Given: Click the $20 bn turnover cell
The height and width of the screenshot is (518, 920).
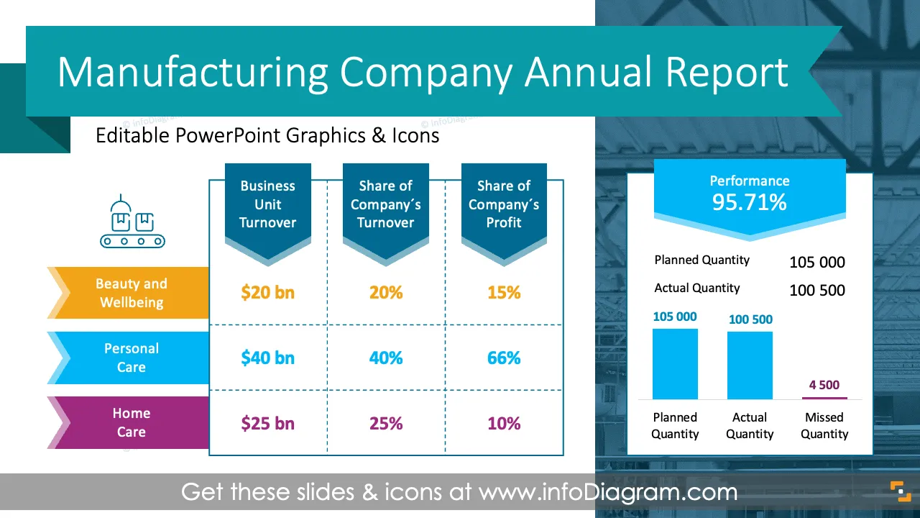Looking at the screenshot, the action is [x=268, y=292].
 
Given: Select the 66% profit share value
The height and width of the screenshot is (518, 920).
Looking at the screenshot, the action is [x=504, y=358].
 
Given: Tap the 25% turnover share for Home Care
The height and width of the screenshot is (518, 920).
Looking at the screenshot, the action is [x=386, y=423].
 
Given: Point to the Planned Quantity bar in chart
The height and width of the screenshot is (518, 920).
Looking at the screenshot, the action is [x=675, y=364].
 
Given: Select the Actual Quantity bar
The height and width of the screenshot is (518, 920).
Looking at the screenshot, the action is [x=750, y=365].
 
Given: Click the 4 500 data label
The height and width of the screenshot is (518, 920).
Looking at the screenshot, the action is [x=824, y=385].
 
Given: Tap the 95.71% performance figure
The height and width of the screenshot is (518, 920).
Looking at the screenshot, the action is [x=749, y=202].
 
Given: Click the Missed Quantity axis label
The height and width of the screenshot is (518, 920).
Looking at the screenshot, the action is [x=824, y=425].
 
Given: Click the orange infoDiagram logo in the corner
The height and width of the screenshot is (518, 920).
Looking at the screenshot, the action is [x=901, y=491].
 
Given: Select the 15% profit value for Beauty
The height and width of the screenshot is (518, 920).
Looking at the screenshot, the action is [x=504, y=292].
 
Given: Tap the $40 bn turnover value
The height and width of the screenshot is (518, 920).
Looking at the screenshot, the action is [x=268, y=358].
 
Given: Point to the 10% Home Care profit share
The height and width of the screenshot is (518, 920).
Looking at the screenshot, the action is [x=504, y=423].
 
